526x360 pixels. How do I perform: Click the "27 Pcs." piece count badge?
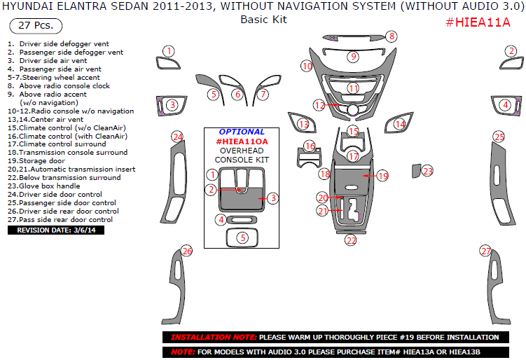pyautogui.click(x=35, y=27)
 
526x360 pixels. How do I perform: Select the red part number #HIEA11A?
pyautogui.click(x=478, y=22)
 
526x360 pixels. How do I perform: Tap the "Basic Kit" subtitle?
pyautogui.click(x=263, y=20)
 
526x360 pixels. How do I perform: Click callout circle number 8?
pyautogui.click(x=392, y=36)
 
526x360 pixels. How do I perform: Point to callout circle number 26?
pyautogui.click(x=186, y=251)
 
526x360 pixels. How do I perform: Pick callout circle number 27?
pyautogui.click(x=485, y=251)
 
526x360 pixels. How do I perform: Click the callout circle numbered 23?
pyautogui.click(x=428, y=170)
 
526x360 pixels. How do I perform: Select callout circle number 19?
pyautogui.click(x=382, y=176)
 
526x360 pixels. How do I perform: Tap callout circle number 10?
pyautogui.click(x=307, y=66)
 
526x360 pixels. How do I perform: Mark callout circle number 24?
pyautogui.click(x=178, y=137)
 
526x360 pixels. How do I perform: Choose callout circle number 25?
pyautogui.click(x=499, y=137)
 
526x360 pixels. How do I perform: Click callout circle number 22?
pyautogui.click(x=351, y=240)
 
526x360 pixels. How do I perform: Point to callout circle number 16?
pyautogui.click(x=310, y=146)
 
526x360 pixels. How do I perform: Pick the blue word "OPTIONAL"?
pyautogui.click(x=242, y=132)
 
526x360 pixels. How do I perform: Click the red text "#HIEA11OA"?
pyautogui.click(x=241, y=141)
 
